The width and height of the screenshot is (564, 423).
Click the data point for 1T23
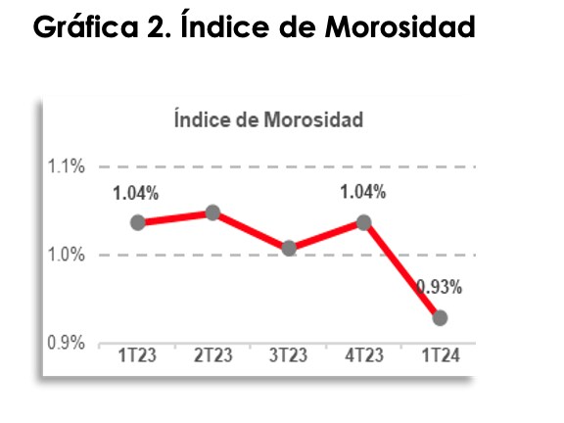pos(138,222)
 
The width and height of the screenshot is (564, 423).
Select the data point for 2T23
pos(212,212)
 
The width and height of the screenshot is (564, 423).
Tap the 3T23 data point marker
pos(289,248)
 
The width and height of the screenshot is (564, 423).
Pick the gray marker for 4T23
pos(364,222)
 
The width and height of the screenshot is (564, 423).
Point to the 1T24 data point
pos(440,318)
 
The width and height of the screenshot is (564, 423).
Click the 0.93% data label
pos(440,288)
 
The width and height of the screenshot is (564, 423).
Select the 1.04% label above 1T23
pos(135,193)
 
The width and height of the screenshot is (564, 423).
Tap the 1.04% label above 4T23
pos(363,192)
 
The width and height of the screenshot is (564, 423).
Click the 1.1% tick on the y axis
pos(67,166)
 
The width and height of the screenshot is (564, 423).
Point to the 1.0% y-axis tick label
pos(67,255)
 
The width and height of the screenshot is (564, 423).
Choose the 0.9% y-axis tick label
pos(67,343)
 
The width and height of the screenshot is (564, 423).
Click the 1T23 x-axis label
pos(137,355)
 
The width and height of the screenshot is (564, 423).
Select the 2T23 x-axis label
pos(212,355)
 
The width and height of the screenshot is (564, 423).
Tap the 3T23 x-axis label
pos(289,355)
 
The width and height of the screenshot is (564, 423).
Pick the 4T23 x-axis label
pos(364,355)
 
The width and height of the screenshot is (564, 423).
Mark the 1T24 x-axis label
pos(441,355)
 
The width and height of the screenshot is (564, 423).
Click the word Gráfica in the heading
pos(85,25)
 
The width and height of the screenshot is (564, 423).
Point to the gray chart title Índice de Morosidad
pos(268,119)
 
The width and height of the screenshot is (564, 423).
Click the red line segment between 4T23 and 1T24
pos(402,270)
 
